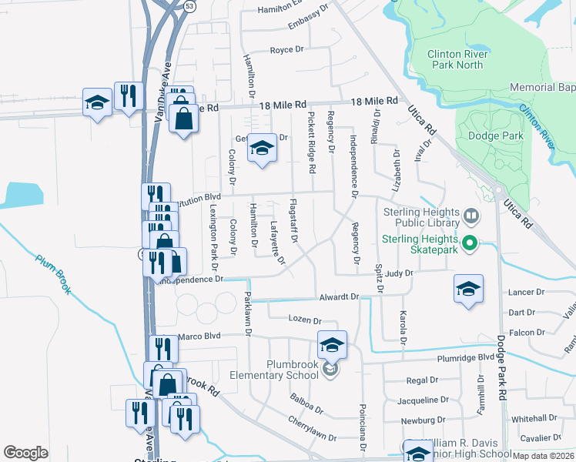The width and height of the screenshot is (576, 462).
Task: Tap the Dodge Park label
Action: pos(496,136)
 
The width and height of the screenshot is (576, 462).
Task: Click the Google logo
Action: pos(25,453)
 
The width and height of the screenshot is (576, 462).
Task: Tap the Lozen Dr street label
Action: pos(303,320)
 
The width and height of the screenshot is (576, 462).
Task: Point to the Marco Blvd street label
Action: pos(199,336)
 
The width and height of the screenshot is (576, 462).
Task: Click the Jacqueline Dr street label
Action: pos(423,400)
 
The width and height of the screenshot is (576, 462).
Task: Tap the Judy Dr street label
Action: pos(400,273)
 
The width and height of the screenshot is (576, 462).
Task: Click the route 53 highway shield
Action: pos(189,6)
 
